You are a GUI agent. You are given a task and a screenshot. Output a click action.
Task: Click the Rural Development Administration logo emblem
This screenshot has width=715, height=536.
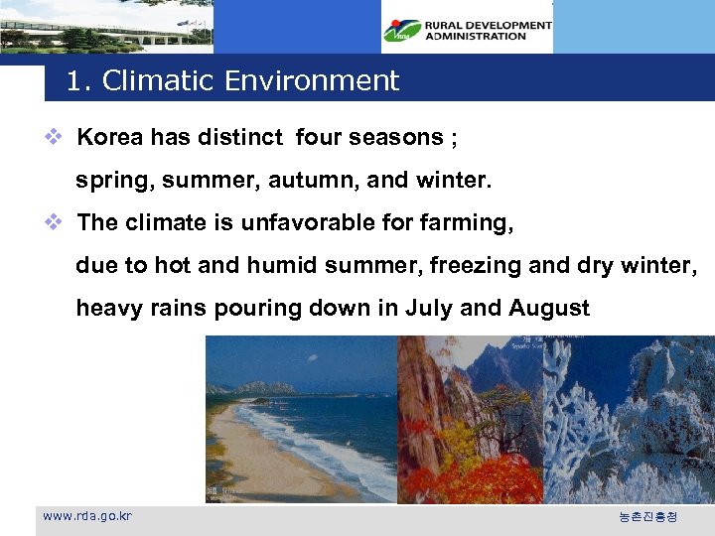pos(402,31)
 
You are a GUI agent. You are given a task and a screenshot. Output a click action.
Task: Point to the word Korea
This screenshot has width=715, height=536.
pos(110,137)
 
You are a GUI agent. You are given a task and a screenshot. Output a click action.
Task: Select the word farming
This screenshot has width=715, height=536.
pos(463,223)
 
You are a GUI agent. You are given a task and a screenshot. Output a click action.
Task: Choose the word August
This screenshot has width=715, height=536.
pos(549,308)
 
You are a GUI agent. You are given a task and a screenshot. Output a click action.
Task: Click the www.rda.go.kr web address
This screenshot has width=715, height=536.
pos(87,516)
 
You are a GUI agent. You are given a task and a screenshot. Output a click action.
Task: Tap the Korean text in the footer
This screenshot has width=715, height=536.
pos(647,517)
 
